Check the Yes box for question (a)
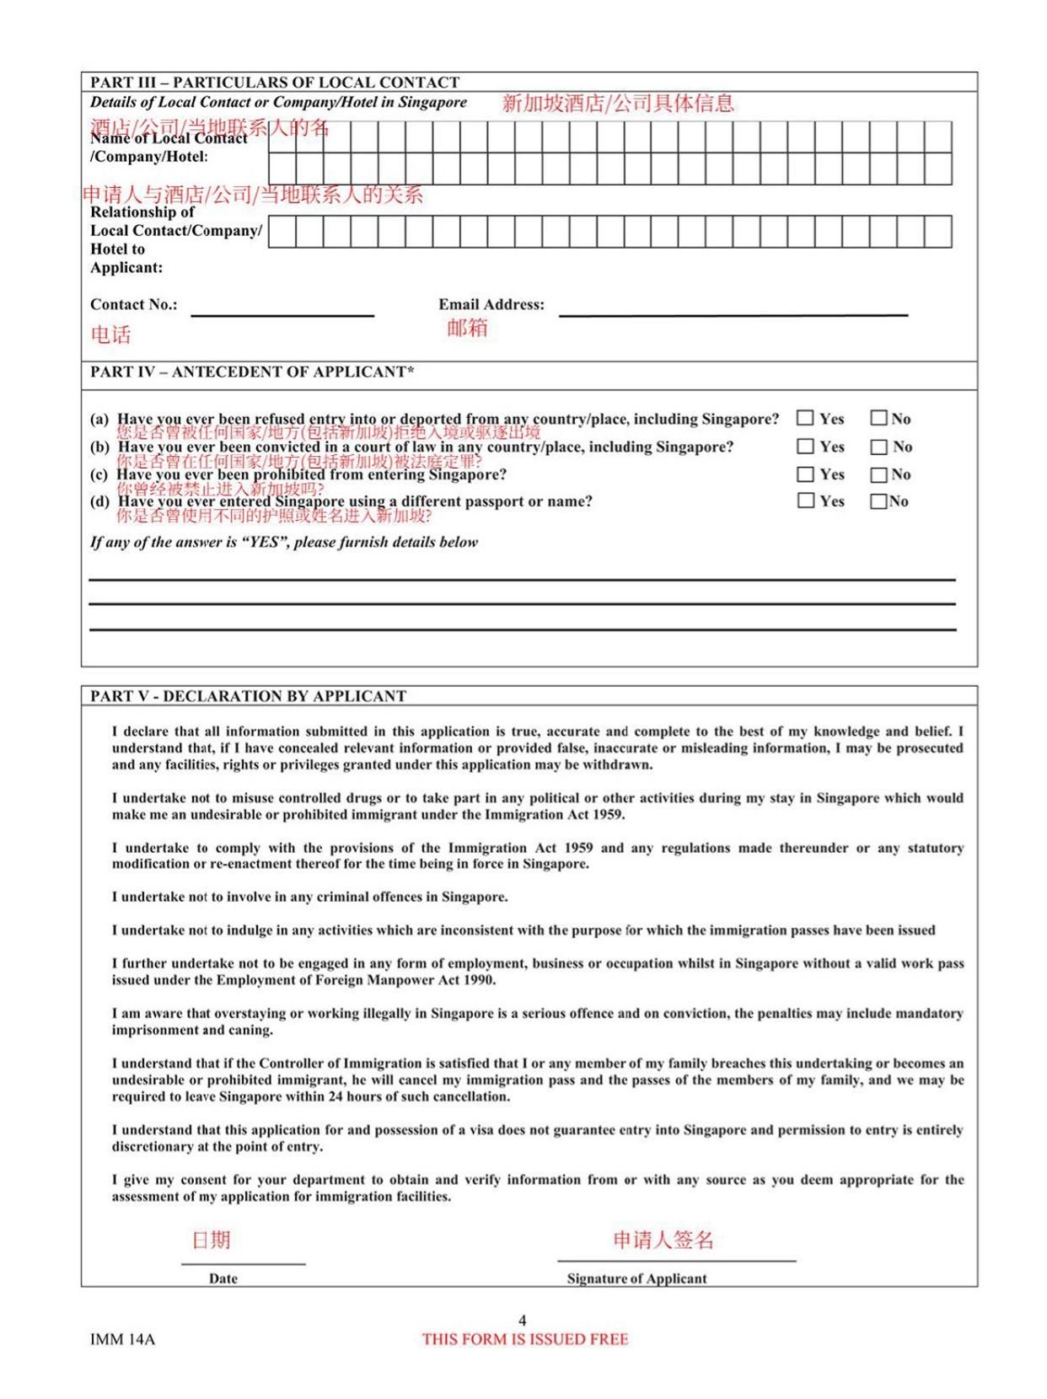coord(806,418)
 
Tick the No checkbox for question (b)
coord(879,447)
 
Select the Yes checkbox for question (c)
coord(806,474)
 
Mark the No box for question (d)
coord(879,501)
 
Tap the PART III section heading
coord(275,83)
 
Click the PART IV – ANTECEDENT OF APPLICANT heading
coord(252,372)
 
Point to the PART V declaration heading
coord(248,696)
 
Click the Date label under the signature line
coord(223,1278)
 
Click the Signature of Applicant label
coord(636,1278)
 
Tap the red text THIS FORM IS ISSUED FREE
coord(525,1339)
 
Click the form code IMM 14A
coord(122,1339)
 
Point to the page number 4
coord(523,1321)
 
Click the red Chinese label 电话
coord(111,335)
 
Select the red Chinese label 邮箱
coord(467,328)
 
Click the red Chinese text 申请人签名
coord(663,1240)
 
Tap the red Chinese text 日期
coord(212,1240)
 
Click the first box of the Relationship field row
coord(282,232)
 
